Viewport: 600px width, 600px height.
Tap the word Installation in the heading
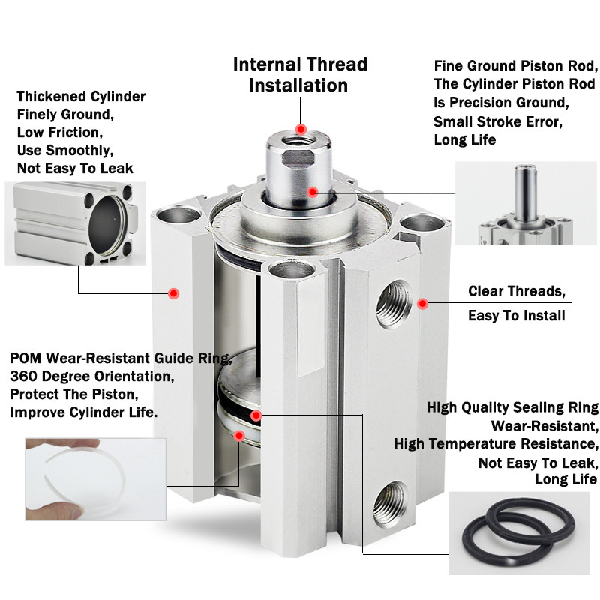(x=298, y=85)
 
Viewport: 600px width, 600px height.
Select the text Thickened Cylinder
(x=81, y=97)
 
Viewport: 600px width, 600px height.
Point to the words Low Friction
(x=58, y=133)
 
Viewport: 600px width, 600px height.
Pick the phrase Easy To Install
(x=516, y=316)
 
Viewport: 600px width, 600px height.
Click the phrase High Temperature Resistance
(x=496, y=443)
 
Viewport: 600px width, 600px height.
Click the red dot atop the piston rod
(x=301, y=128)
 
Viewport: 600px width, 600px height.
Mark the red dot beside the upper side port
(x=422, y=303)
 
